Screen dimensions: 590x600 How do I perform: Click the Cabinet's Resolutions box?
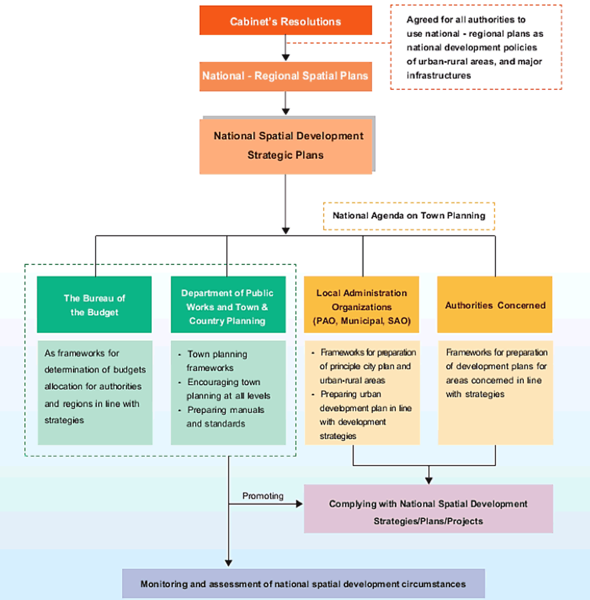click(x=286, y=20)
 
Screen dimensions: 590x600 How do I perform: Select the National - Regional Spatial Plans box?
click(x=286, y=77)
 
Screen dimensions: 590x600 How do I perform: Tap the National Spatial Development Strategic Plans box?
click(x=286, y=146)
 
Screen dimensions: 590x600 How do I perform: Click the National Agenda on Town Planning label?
click(x=409, y=216)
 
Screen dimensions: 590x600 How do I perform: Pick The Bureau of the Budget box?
click(x=94, y=304)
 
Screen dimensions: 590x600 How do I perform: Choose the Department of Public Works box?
click(x=228, y=304)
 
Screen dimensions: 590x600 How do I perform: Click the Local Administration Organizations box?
click(x=362, y=304)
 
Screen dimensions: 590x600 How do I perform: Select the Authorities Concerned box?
click(x=495, y=304)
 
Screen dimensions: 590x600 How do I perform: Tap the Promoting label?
click(x=263, y=496)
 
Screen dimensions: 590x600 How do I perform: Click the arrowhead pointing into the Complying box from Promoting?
click(x=300, y=504)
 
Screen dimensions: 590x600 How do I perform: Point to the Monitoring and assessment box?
click(x=303, y=583)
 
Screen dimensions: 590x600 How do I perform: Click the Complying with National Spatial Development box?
click(x=428, y=509)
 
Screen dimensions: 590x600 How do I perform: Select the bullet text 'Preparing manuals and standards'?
click(x=221, y=417)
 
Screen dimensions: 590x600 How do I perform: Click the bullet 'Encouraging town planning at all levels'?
click(x=225, y=389)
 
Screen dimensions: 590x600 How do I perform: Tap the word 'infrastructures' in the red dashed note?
click(x=438, y=76)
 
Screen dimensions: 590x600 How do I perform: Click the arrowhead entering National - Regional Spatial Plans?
click(x=286, y=57)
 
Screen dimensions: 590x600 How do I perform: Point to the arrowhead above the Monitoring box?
click(x=228, y=563)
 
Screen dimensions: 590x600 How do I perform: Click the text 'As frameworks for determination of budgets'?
click(x=95, y=361)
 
